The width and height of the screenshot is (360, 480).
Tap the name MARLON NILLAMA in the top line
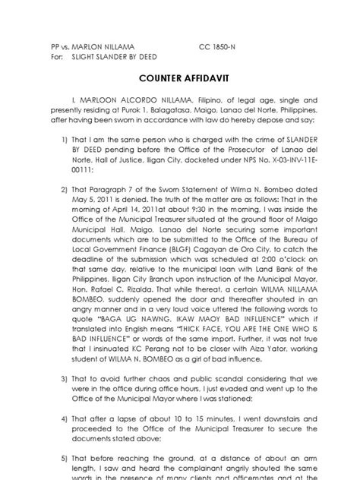92,46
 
